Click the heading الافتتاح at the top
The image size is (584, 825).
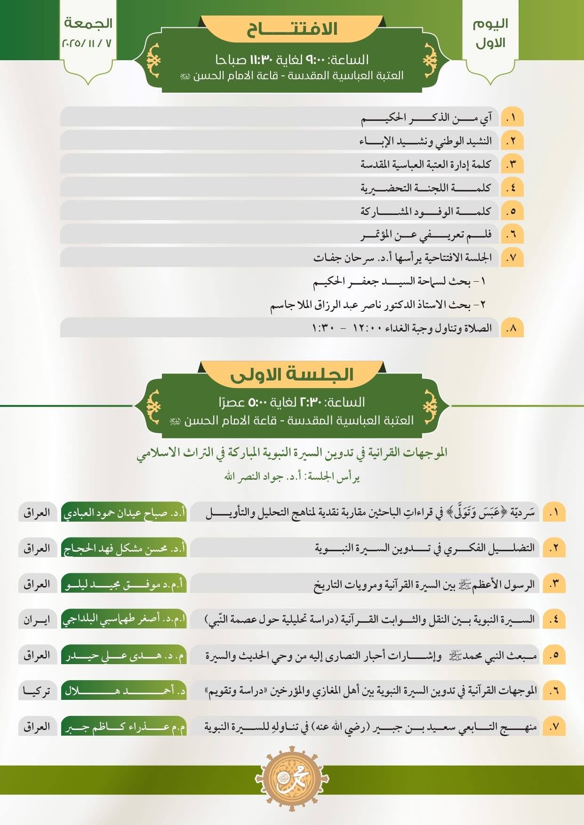tap(292, 29)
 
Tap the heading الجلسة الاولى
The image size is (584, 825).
tap(292, 374)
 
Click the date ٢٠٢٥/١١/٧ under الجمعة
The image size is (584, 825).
tap(87, 43)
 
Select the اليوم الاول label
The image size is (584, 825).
tap(490, 33)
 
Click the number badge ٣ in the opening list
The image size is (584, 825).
tap(512, 164)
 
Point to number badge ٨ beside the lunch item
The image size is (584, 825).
tap(512, 328)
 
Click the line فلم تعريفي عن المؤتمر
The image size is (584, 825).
tap(426, 234)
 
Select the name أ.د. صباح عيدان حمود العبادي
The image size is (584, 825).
tap(124, 512)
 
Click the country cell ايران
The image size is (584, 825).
tap(37, 619)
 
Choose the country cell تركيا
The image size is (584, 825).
tap(37, 691)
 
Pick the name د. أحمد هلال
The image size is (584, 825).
tap(124, 691)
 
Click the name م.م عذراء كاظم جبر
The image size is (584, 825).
tap(124, 727)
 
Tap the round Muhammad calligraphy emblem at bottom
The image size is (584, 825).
tap(292, 777)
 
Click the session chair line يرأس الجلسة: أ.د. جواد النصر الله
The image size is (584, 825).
tap(292, 477)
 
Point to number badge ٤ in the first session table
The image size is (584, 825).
tap(554, 619)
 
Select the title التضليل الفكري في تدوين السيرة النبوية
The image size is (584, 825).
tap(424, 548)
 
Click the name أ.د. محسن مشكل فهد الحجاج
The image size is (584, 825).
tap(124, 548)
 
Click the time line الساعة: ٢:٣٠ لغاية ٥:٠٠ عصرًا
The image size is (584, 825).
tap(292, 402)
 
